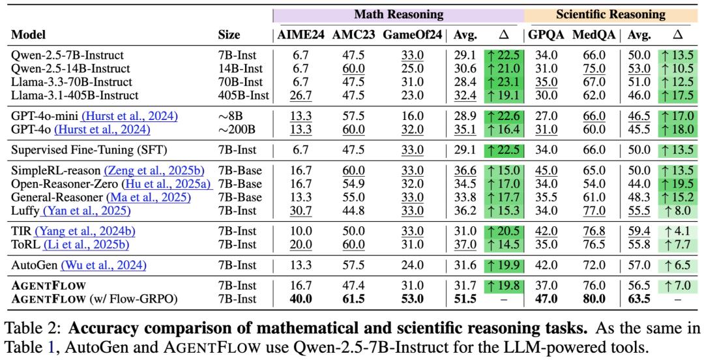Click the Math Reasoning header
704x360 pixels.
(398, 14)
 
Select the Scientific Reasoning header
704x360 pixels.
(610, 14)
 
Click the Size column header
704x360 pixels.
(229, 35)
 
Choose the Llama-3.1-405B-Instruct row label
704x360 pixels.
(75, 95)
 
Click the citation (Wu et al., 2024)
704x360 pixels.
(104, 265)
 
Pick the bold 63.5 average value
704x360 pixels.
(638, 299)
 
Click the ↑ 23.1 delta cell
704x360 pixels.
(504, 82)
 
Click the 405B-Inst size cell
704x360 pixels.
(243, 95)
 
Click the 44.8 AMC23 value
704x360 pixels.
(353, 211)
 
